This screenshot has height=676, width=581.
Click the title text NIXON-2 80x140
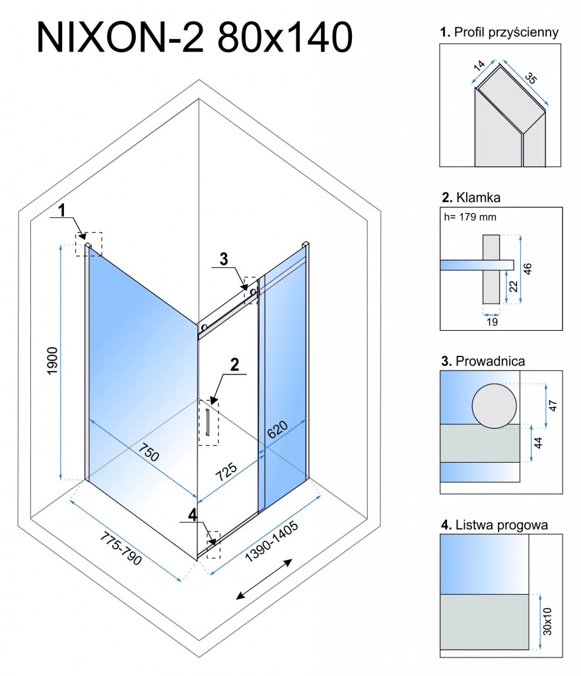pos(194,38)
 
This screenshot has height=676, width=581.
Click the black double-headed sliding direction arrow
pos(264,580)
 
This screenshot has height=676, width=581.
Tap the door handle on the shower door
pos(207,422)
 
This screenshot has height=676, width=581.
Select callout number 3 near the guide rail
pos(224,259)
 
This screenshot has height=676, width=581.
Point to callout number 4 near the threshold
pos(191,514)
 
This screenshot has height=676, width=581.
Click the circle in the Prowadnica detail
pos(495,405)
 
